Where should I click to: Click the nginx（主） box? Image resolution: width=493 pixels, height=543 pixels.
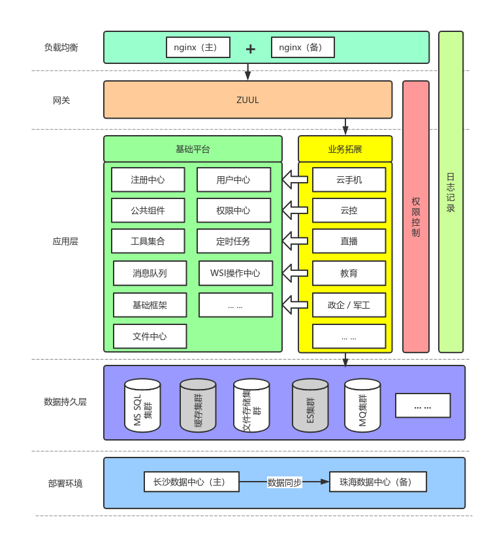tap(198, 48)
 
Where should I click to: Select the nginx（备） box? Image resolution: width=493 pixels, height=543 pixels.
tap(303, 48)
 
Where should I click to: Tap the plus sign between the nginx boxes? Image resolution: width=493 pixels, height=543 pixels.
tap(250, 49)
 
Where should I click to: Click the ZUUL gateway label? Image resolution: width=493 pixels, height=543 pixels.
tap(247, 100)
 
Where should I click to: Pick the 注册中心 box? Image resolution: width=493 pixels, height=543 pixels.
tap(148, 180)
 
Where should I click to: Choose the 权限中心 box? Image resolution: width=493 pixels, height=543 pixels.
tap(234, 211)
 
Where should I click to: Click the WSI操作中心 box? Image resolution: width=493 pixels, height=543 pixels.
tap(235, 273)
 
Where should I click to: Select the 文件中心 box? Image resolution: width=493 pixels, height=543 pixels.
tap(150, 337)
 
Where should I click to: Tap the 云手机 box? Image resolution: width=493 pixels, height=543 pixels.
tap(349, 180)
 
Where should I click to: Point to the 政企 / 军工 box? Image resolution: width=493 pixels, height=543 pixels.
tap(349, 305)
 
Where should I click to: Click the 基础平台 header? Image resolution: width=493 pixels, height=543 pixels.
tap(193, 149)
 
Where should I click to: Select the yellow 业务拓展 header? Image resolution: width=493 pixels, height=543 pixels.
tap(345, 149)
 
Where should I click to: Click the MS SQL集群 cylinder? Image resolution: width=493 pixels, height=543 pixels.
tap(142, 405)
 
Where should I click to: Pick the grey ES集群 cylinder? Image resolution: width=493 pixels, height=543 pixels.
tap(310, 405)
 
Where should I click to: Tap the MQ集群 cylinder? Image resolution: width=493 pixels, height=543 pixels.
tap(362, 405)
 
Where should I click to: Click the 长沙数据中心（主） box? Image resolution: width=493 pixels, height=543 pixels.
tap(191, 482)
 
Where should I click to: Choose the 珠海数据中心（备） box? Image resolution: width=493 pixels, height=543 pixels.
tap(377, 482)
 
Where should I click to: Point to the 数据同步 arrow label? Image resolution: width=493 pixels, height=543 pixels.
tap(285, 483)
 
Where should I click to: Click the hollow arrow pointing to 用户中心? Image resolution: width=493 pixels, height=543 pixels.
tap(294, 179)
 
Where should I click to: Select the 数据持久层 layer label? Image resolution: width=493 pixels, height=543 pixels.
tap(65, 402)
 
